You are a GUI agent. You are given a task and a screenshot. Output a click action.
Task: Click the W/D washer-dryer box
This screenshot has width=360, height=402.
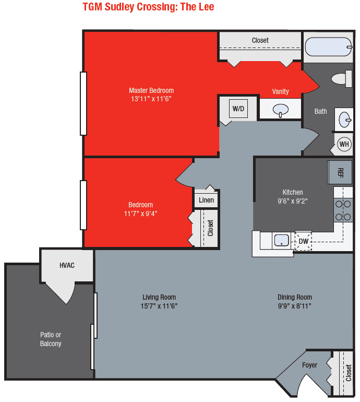point(238,109)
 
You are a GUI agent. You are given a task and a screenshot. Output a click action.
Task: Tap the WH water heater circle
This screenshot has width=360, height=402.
point(344,144)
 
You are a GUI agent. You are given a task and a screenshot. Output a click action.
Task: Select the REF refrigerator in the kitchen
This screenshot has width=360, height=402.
point(340,172)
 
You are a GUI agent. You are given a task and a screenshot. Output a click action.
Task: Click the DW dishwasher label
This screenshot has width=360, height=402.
point(303,241)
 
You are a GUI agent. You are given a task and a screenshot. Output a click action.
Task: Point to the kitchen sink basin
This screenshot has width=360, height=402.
point(282,240)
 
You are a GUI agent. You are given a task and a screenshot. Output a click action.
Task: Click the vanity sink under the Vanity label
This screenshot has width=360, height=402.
point(281,110)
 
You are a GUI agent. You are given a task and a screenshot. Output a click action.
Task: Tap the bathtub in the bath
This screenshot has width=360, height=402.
point(327,47)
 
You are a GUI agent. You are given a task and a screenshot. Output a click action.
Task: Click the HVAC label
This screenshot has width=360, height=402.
point(67,265)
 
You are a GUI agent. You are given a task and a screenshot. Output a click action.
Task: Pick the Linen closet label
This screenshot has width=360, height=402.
point(207,200)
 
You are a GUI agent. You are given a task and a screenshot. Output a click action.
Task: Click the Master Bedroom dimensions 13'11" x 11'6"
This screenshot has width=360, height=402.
point(151,98)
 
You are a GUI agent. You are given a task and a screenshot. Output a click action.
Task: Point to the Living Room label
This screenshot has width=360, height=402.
point(159,297)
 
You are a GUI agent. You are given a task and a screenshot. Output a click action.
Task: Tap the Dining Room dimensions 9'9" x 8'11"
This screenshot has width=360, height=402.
point(295,306)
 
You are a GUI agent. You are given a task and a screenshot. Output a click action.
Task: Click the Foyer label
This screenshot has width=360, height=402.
point(309,365)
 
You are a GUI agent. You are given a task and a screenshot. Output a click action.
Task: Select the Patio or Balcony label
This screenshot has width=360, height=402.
point(51,339)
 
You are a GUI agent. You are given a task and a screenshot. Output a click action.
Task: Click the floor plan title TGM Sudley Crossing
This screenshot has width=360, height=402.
point(148,7)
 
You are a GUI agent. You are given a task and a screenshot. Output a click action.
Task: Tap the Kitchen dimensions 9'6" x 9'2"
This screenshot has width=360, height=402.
point(293,200)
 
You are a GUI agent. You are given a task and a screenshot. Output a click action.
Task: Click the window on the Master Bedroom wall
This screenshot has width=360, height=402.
point(83,103)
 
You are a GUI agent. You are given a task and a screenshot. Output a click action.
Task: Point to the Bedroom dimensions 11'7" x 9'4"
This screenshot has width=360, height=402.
point(141,213)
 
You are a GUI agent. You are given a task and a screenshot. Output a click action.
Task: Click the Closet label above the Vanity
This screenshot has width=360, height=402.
point(260,40)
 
